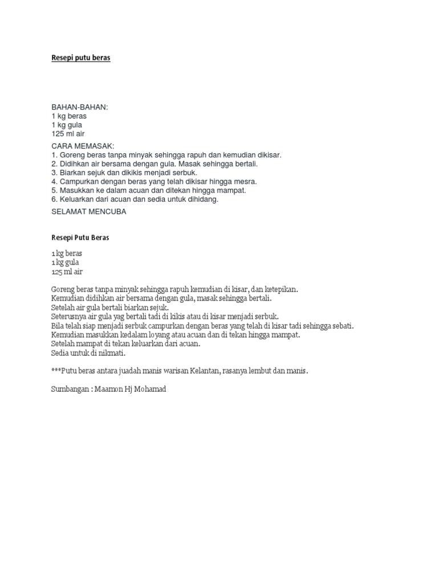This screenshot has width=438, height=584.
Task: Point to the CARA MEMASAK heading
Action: coord(83,146)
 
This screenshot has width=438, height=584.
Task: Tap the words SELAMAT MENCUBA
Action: coord(88,212)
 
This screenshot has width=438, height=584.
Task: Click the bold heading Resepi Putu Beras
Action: coord(80,238)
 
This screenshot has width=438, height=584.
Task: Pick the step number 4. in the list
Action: coord(55,181)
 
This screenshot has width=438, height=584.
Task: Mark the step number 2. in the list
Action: coord(55,164)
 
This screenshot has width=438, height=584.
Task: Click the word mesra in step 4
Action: coord(246,181)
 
